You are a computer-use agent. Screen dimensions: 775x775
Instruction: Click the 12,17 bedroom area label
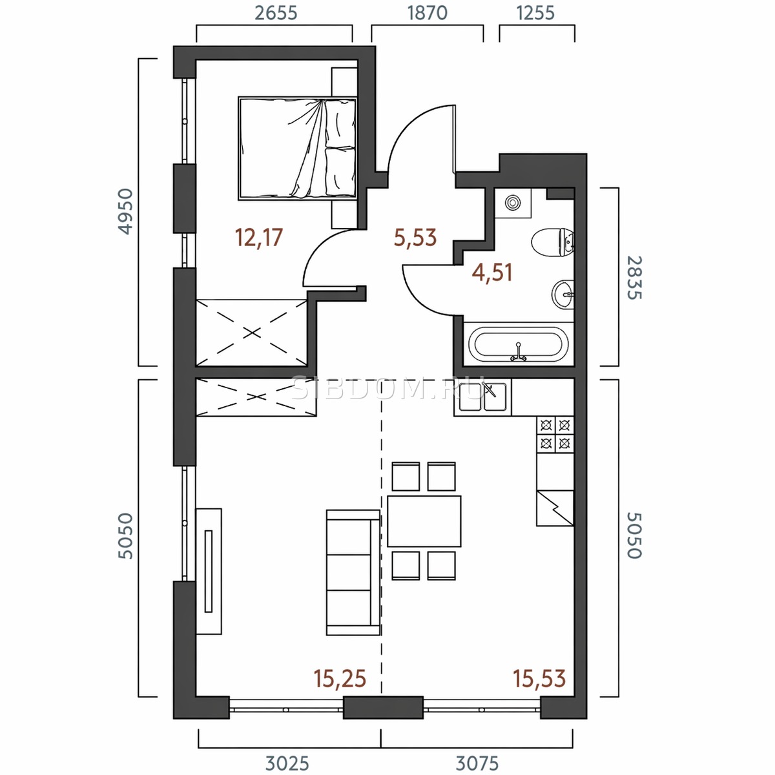[x=259, y=237]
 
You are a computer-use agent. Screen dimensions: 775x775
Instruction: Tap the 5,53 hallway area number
[x=415, y=237]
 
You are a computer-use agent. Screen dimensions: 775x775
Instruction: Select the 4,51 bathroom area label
[x=492, y=273]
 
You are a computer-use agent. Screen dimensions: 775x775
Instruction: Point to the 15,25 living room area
[x=340, y=679]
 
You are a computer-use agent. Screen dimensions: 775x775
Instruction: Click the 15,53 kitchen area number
[x=539, y=679]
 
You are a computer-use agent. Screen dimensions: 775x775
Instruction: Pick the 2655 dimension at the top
[x=276, y=14]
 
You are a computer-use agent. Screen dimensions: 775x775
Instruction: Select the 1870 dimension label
[x=427, y=14]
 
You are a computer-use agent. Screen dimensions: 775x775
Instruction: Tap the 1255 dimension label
[x=535, y=14]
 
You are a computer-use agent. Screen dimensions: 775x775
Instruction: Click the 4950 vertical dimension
[x=125, y=212]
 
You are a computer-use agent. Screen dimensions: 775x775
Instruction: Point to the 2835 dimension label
[x=635, y=278]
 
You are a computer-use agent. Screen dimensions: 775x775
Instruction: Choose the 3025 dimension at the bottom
[x=287, y=763]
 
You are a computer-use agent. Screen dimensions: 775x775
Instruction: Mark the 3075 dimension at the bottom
[x=477, y=763]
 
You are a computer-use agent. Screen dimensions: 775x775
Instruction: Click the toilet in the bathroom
[x=553, y=243]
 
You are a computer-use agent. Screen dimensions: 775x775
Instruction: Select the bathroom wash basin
[x=563, y=294]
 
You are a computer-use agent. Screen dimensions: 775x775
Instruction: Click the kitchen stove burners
[x=555, y=435]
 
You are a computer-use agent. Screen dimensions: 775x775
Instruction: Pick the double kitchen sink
[x=482, y=396]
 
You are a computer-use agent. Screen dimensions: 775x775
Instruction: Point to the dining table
[x=424, y=521]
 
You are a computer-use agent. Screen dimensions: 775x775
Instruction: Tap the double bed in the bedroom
[x=297, y=148]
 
